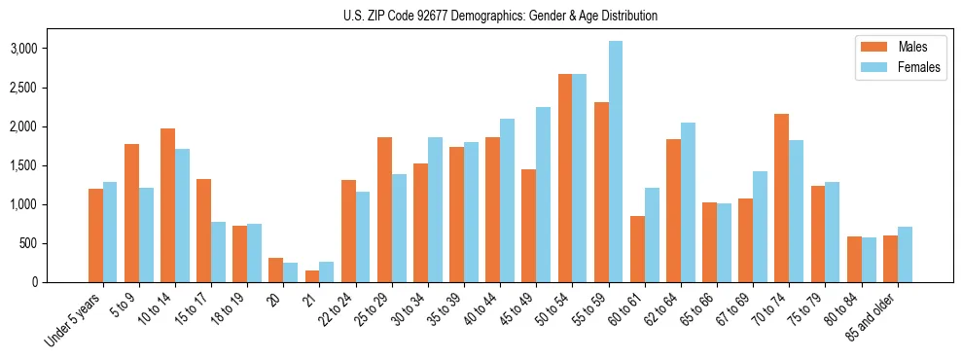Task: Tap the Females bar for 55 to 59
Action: coord(615,162)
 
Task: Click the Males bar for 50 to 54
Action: coord(564,178)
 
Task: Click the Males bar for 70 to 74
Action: coord(781,198)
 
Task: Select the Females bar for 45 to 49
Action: coord(543,195)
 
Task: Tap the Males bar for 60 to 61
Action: coord(637,249)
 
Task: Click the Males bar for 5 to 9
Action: coord(131,213)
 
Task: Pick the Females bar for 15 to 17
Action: coord(218,252)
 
